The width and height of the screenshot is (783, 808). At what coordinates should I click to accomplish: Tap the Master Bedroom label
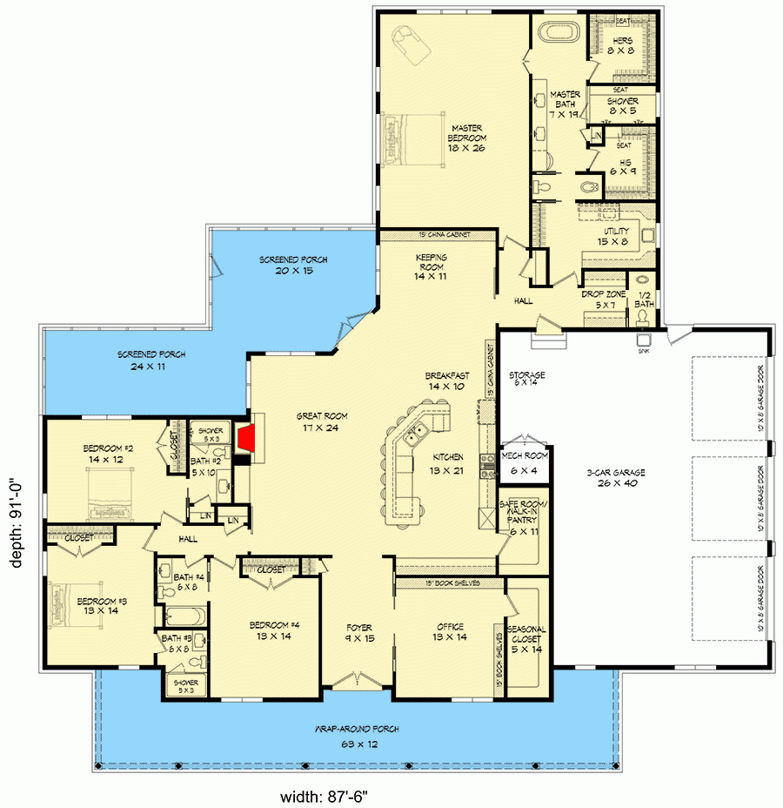point(467,138)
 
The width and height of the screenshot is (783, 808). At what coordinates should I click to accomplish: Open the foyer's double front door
point(358,679)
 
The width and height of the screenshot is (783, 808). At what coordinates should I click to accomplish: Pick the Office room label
point(450,632)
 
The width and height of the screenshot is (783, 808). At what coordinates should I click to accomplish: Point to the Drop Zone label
point(600,300)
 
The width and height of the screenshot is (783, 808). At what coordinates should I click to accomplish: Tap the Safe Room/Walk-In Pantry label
point(521,521)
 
